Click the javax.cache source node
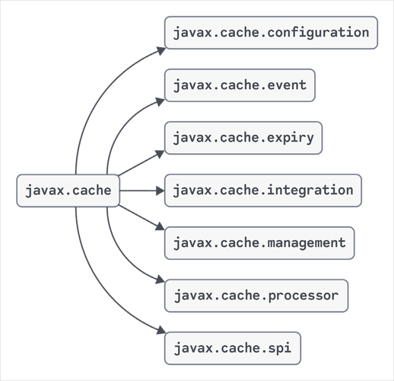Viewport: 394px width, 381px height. pos(68,190)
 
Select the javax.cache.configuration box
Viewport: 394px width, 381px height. pos(271,33)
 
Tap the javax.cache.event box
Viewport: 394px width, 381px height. pos(240,85)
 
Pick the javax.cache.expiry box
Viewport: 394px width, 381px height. pos(243,137)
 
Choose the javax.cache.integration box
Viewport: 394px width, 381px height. pos(262,190)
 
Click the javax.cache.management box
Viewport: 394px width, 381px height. pos(259,243)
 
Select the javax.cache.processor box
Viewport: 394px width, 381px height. pos(256,295)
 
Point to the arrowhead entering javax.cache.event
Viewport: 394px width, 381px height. pos(159,98)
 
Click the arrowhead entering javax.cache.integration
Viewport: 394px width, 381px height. pos(158,190)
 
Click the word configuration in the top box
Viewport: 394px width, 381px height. pos(320,33)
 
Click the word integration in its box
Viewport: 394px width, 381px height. pos(312,190)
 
